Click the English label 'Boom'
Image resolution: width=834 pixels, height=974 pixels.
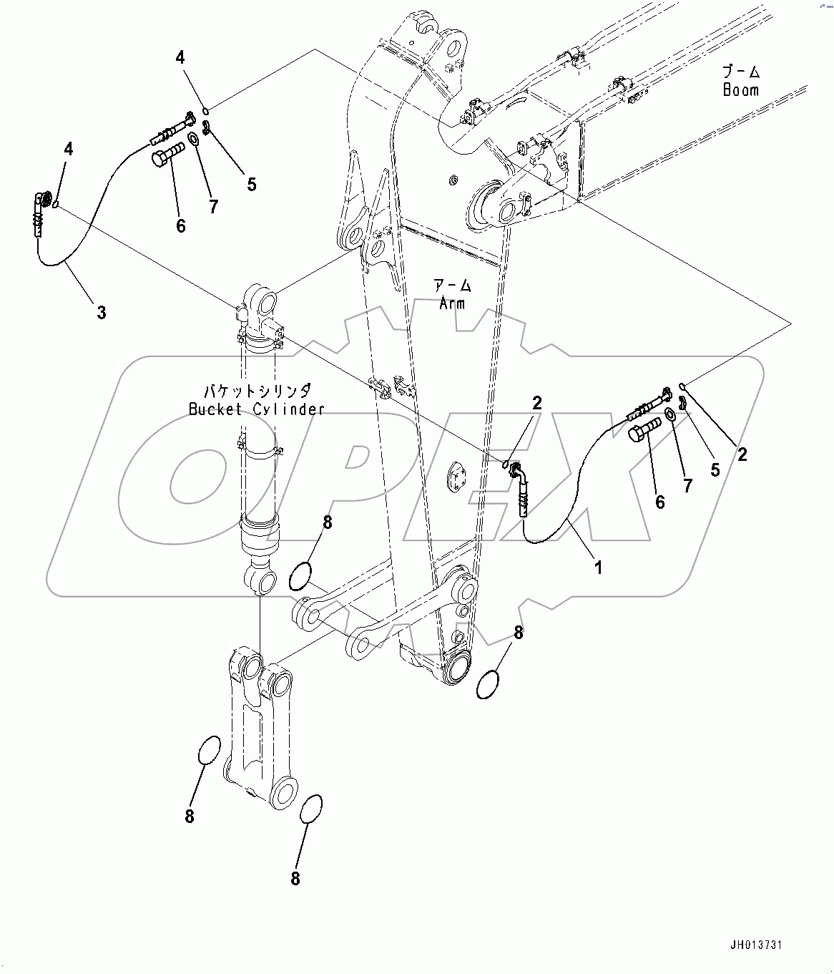pos(740,90)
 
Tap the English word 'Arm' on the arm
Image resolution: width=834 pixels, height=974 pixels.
pos(452,303)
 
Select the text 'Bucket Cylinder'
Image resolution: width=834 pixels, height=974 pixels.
pos(256,409)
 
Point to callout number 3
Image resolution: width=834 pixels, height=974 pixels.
pos(102,312)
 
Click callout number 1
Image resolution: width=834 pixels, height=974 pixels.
pos(599,568)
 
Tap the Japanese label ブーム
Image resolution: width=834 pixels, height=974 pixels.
pos(740,72)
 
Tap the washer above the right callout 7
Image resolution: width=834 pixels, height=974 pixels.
pos(672,415)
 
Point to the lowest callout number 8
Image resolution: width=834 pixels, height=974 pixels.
pos(295,879)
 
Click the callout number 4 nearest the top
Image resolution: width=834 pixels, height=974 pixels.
pos(181,58)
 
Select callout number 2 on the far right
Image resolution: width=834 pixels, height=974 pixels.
pos(742,454)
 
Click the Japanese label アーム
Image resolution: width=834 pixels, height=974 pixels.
pos(452,286)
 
